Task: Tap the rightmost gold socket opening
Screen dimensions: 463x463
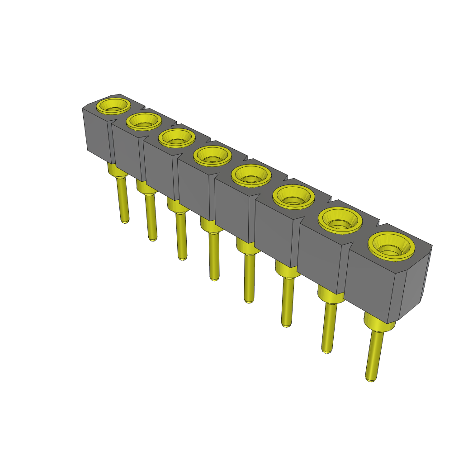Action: (x=392, y=247)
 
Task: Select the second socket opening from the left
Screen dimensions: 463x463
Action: (x=144, y=121)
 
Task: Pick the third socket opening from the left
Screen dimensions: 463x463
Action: (x=177, y=137)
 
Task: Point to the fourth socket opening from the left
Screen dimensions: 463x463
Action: (x=212, y=156)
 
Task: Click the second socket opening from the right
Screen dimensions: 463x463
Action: (x=340, y=220)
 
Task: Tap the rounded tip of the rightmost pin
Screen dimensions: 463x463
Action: (x=370, y=378)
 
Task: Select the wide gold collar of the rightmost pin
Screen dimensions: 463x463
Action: (x=379, y=324)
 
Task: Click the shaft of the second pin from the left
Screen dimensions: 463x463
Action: (x=151, y=217)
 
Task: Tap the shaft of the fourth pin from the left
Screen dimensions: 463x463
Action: (x=214, y=255)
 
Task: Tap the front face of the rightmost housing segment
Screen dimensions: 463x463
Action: (x=371, y=283)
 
